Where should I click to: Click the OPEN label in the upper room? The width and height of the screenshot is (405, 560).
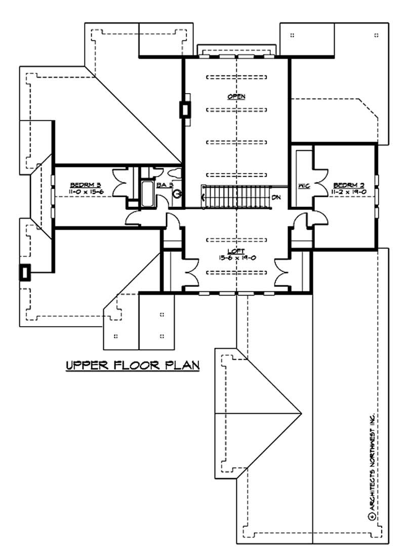click(236, 96)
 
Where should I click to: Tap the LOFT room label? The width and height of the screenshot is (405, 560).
click(236, 251)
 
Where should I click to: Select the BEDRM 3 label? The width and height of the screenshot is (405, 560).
click(82, 185)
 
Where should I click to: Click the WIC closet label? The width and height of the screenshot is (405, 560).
click(304, 186)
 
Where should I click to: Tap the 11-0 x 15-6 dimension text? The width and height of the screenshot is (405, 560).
click(82, 192)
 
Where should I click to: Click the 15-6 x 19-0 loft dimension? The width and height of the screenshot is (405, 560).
click(236, 257)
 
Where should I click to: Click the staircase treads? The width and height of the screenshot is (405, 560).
click(235, 195)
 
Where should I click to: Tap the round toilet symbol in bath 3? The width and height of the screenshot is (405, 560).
click(177, 193)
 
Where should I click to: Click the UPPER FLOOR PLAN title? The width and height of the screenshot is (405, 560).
click(133, 365)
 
